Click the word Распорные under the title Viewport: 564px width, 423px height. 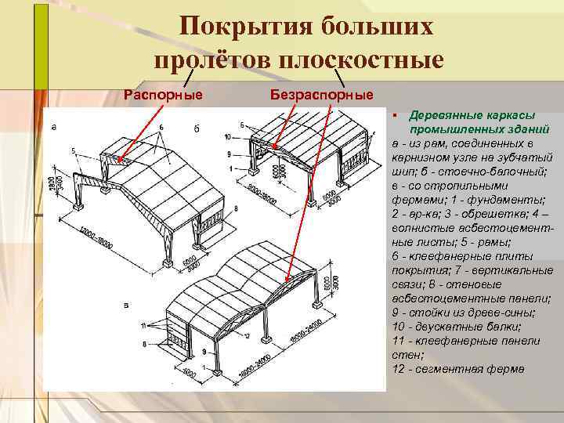pyautogui.click(x=164, y=95)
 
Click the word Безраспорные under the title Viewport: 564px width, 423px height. pyautogui.click(x=321, y=95)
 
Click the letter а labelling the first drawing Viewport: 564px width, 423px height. pyautogui.click(x=53, y=125)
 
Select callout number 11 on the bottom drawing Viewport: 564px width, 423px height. pyautogui.click(x=143, y=325)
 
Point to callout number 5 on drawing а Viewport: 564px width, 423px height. pyautogui.click(x=72, y=150)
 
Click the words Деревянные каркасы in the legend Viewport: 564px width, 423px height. pyautogui.click(x=468, y=114)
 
